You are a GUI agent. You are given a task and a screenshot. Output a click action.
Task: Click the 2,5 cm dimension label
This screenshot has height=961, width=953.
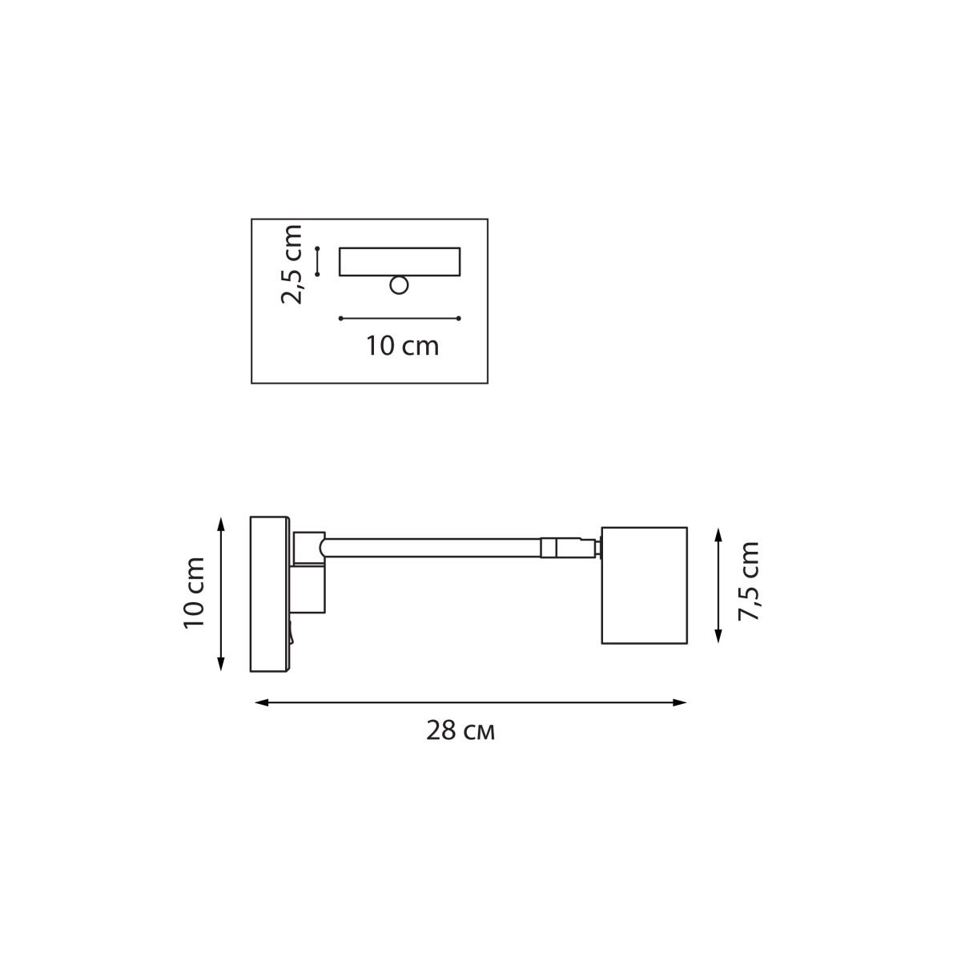[x=292, y=265]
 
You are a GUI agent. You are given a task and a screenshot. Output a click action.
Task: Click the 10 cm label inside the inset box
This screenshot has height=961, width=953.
[x=403, y=346]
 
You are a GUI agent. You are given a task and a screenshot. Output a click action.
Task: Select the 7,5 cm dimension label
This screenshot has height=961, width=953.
[x=749, y=581]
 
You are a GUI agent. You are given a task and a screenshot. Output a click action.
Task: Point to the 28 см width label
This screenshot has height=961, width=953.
[x=460, y=730]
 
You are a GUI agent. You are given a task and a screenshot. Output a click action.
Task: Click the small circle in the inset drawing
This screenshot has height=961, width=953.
[x=399, y=285]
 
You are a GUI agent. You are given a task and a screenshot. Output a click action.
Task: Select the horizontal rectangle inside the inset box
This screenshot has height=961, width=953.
[x=399, y=261]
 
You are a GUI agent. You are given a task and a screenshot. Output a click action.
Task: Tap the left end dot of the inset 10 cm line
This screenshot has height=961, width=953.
[x=341, y=318]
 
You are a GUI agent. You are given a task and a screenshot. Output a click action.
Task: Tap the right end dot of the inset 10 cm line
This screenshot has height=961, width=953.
[x=459, y=318]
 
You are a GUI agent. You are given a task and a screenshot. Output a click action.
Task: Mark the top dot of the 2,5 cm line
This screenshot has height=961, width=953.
[x=317, y=247]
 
